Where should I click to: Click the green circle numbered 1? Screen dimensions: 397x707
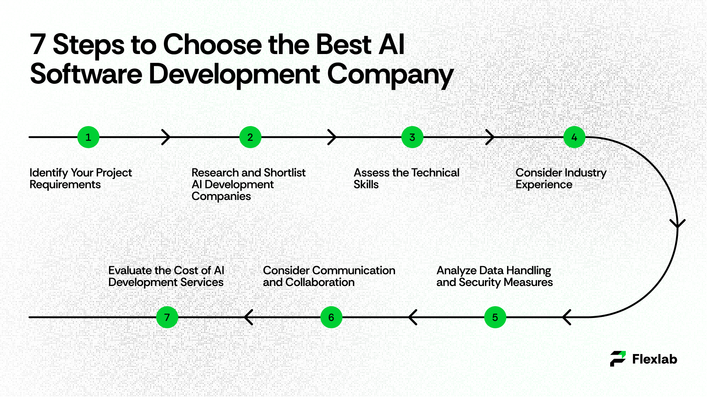88,137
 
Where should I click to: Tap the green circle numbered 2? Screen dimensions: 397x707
250,137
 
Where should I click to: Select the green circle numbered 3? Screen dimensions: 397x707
412,137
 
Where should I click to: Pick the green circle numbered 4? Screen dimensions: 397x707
574,137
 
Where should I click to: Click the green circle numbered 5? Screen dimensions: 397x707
495,317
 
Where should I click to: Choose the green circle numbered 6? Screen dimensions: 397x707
331,317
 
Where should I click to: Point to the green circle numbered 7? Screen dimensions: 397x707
167,317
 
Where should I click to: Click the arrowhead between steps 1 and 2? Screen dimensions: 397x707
166,137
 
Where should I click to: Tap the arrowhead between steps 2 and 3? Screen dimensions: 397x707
332,137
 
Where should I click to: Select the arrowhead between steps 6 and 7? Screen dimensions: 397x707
249,317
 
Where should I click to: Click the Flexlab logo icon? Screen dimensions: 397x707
618,359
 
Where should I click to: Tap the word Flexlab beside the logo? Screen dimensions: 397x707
654,359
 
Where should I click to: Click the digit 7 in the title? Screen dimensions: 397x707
38,44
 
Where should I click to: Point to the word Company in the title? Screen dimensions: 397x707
390,75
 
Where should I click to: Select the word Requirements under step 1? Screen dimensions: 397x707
65,185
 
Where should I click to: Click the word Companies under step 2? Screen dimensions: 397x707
221,196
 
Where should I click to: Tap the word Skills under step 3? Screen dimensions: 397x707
366,185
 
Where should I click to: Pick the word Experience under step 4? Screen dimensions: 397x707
544,185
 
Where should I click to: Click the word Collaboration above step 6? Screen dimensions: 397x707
320,282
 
